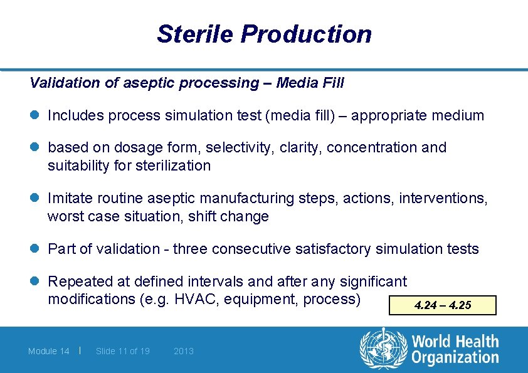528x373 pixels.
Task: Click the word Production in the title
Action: [x=306, y=34]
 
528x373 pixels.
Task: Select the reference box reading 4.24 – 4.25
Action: [x=443, y=305]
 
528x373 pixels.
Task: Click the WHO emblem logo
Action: [x=383, y=350]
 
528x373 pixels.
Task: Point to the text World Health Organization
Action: [x=455, y=350]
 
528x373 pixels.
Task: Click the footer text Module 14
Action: [x=49, y=351]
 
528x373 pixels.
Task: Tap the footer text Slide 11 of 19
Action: [x=122, y=351]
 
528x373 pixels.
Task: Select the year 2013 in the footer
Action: [x=184, y=351]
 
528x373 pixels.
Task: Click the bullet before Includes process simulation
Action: [x=34, y=116]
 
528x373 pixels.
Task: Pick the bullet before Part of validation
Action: [x=34, y=250]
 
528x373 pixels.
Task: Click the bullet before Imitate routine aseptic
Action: [x=34, y=199]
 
